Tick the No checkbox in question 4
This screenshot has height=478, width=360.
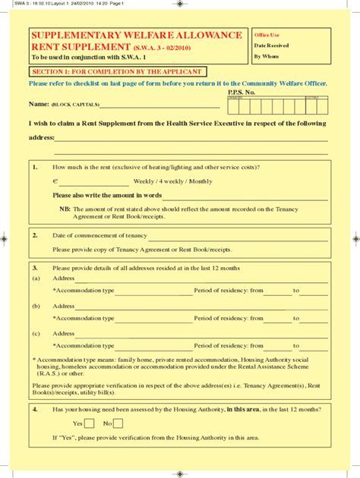118,423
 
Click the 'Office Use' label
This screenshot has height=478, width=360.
267,36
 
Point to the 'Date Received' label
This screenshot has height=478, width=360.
271,46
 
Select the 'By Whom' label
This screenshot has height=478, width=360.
267,56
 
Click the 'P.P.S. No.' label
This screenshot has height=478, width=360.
242,92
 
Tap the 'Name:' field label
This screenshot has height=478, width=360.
39,104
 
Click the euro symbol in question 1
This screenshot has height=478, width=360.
55,181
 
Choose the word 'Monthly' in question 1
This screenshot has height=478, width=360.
201,181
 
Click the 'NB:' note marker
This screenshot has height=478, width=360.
65,209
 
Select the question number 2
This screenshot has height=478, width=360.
35,235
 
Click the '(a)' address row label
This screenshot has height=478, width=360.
36,278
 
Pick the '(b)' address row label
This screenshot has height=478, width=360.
36,307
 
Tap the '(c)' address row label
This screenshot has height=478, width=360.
36,334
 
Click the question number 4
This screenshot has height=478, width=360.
35,409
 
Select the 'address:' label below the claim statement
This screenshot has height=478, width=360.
41,138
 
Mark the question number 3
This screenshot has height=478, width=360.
35,268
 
